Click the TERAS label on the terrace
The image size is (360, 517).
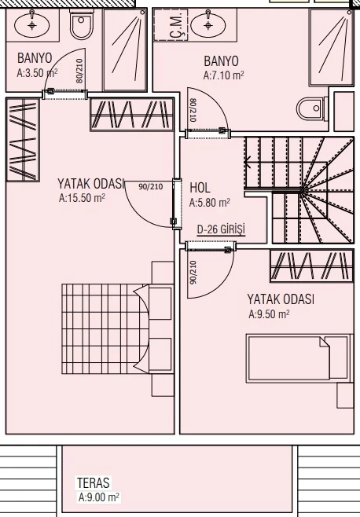pyautogui.click(x=93, y=482)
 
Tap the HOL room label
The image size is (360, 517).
pyautogui.click(x=200, y=188)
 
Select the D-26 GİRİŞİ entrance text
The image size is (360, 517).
pyautogui.click(x=221, y=229)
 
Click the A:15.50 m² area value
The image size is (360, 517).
pyautogui.click(x=82, y=198)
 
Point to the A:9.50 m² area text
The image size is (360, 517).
pyautogui.click(x=269, y=314)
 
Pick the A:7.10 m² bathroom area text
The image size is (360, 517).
pyautogui.click(x=224, y=75)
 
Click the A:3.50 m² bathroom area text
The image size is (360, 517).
pyautogui.click(x=37, y=72)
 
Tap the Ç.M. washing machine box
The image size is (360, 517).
pyautogui.click(x=171, y=24)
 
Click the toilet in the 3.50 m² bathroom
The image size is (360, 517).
pyautogui.click(x=82, y=24)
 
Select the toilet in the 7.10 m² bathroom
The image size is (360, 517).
pyautogui.click(x=312, y=108)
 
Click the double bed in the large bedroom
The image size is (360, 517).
pyautogui.click(x=117, y=329)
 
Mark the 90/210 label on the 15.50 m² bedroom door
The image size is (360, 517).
pyautogui.click(x=150, y=187)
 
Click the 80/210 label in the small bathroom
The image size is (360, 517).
pyautogui.click(x=79, y=71)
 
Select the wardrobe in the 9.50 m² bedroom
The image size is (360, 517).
pyautogui.click(x=311, y=266)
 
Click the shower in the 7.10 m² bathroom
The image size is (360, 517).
pyautogui.click(x=330, y=47)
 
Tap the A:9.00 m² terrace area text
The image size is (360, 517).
pyautogui.click(x=99, y=497)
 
